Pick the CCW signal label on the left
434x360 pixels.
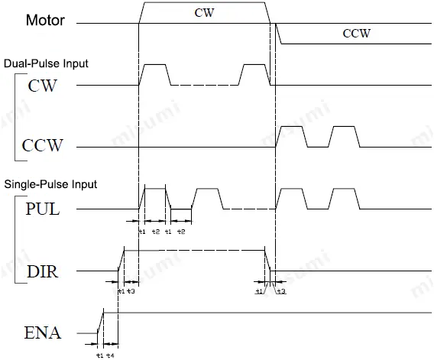(44, 145)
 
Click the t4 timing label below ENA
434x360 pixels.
(111, 355)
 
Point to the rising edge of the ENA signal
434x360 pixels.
(100, 322)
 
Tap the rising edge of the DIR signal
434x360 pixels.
(121, 260)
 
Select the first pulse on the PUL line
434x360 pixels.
(155, 197)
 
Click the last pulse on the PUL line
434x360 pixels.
(344, 197)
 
